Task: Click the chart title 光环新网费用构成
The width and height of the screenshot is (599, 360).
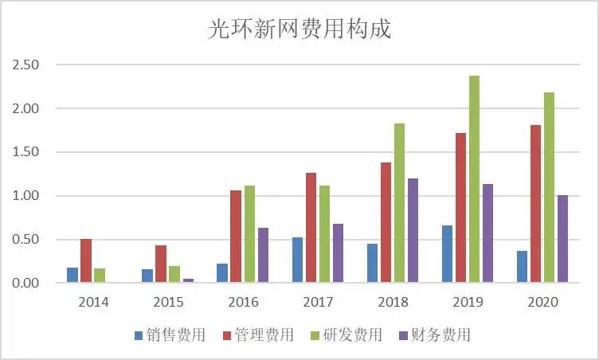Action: (x=299, y=29)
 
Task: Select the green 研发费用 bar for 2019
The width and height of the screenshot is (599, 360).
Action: (x=474, y=179)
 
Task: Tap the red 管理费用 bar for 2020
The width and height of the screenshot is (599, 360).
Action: (x=535, y=204)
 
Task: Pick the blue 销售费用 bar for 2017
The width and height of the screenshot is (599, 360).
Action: (x=297, y=260)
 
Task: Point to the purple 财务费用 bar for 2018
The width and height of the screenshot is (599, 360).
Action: (x=413, y=230)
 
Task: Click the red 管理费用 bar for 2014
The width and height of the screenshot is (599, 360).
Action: (x=86, y=261)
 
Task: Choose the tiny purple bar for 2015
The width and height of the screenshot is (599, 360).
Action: (x=187, y=280)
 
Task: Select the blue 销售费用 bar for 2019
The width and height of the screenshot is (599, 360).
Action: (x=447, y=254)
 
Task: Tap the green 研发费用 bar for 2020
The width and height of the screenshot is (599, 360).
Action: (x=549, y=187)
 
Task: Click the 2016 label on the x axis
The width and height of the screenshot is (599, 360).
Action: (x=243, y=303)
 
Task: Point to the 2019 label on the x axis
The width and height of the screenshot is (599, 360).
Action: (x=468, y=303)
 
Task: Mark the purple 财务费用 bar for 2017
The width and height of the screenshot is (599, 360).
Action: (x=338, y=253)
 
